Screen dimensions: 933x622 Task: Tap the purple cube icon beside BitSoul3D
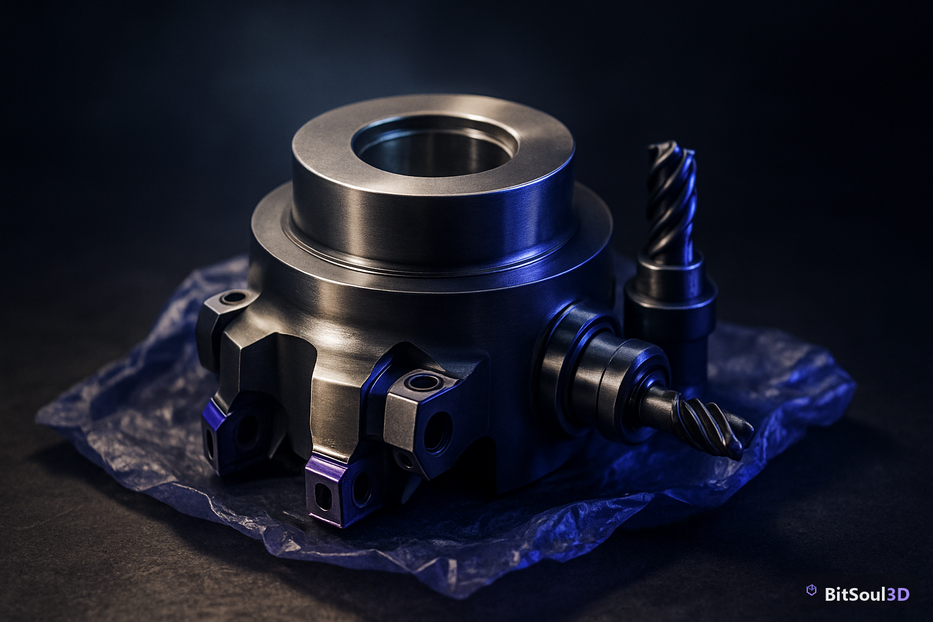tap(812, 590)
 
